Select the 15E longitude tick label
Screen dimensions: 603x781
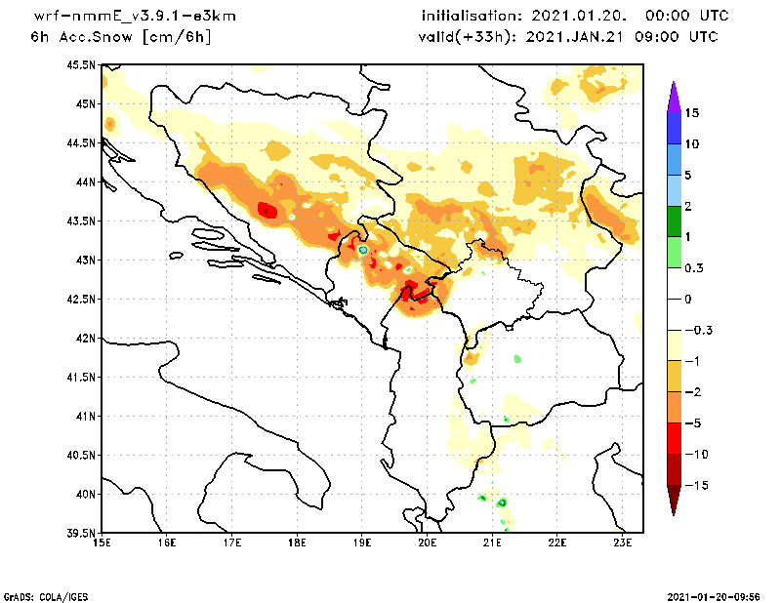[101, 543]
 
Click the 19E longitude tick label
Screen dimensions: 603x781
[362, 543]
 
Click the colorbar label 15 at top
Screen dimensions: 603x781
[691, 112]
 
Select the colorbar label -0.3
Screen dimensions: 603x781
[697, 330]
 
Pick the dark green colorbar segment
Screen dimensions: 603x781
[673, 221]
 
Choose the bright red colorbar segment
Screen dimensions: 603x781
[673, 439]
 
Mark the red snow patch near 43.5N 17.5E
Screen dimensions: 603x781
[268, 210]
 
